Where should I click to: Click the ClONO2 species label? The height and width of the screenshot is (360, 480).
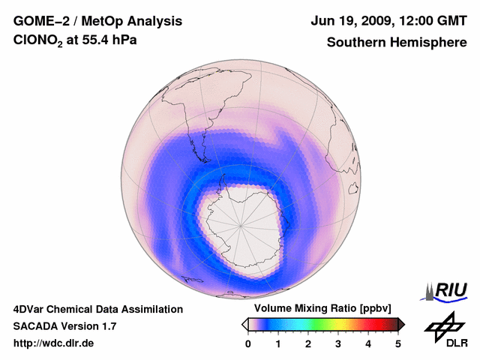pyautogui.click(x=37, y=43)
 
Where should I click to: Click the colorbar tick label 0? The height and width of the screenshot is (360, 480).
pyautogui.click(x=248, y=343)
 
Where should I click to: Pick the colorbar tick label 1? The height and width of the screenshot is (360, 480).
pyautogui.click(x=278, y=343)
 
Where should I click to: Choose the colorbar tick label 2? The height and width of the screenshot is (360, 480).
pyautogui.click(x=308, y=343)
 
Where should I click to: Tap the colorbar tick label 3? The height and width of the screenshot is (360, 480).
pyautogui.click(x=338, y=343)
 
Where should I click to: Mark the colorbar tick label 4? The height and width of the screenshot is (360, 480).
pyautogui.click(x=368, y=343)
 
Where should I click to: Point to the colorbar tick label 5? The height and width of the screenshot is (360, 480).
pyautogui.click(x=398, y=343)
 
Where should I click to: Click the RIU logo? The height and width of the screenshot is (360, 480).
pyautogui.click(x=448, y=290)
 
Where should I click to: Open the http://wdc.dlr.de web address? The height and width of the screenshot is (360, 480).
pyautogui.click(x=54, y=343)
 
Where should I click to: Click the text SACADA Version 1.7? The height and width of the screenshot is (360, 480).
pyautogui.click(x=64, y=326)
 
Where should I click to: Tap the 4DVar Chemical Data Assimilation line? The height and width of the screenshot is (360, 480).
pyautogui.click(x=98, y=309)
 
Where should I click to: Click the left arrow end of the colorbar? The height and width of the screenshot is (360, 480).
pyautogui.click(x=245, y=324)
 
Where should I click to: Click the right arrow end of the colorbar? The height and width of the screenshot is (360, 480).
pyautogui.click(x=401, y=324)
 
